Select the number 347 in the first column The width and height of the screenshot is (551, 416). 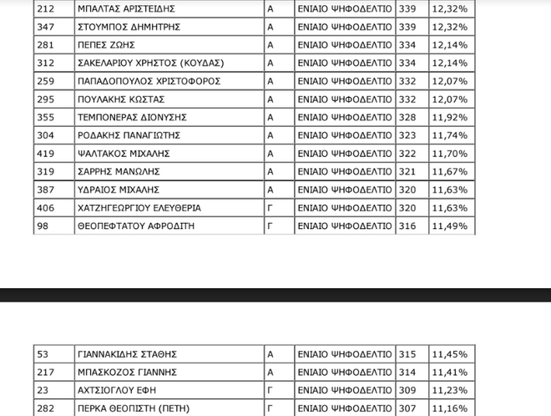[46, 27]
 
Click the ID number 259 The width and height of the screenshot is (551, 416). [46, 81]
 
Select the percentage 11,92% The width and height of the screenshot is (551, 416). [449, 117]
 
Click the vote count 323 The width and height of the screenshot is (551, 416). [407, 135]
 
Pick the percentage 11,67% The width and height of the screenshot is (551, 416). [449, 171]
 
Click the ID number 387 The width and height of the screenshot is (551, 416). [46, 190]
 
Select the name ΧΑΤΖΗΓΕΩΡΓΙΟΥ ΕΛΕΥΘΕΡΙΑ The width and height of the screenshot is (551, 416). [139, 208]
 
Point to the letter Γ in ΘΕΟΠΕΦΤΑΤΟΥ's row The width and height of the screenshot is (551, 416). [270, 226]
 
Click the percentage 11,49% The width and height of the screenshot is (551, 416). [449, 226]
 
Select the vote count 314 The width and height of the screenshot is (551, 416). [407, 372]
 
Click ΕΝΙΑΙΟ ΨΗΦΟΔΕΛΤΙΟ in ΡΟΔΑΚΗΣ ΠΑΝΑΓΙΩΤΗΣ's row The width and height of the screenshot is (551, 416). [344, 135]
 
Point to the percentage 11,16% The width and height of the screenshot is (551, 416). [449, 408]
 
